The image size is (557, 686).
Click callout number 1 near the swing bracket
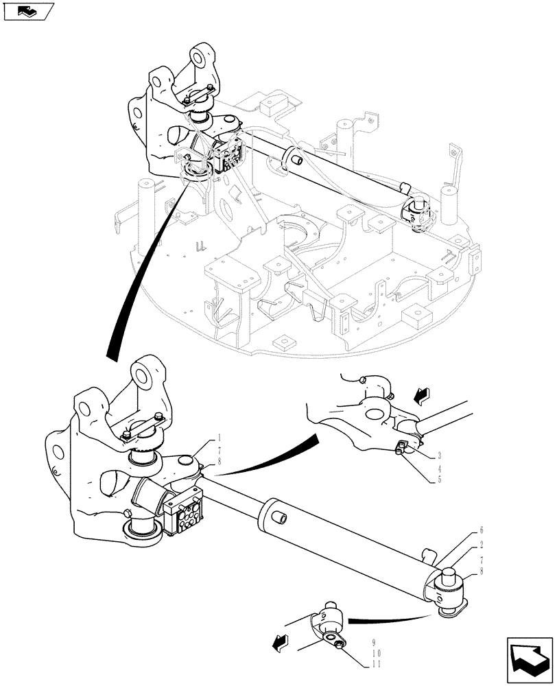219,437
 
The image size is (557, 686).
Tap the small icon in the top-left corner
28,11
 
